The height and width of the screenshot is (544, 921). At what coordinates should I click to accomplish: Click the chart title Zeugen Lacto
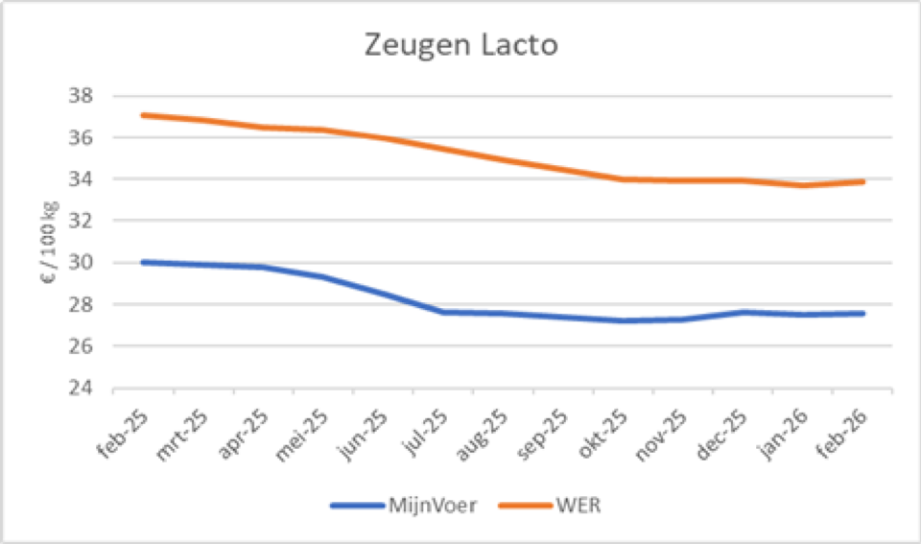pos(460,45)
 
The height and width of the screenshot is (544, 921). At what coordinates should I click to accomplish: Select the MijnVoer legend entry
pos(433,506)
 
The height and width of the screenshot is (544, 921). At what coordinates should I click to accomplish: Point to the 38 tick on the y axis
pos(83,96)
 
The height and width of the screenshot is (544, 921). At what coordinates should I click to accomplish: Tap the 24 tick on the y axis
pos(83,389)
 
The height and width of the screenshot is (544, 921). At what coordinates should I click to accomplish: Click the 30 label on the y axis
pos(83,263)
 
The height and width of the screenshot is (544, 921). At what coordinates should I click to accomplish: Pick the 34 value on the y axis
pos(83,179)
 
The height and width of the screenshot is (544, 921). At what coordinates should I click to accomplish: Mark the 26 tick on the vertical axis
pos(83,346)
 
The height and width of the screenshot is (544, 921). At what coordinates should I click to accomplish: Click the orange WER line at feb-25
pos(143,115)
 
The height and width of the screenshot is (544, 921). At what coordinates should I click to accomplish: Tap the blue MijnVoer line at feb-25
pos(143,262)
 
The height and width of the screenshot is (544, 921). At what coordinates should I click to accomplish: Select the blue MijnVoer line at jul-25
pos(443,312)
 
